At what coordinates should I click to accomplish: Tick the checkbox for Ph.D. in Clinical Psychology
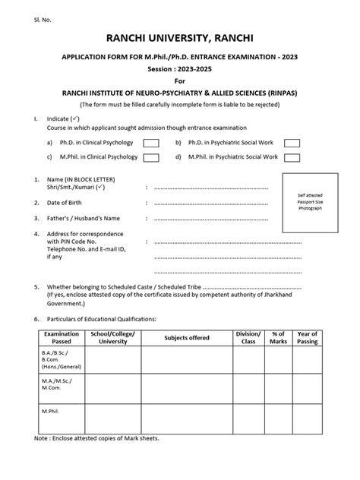click(x=151, y=143)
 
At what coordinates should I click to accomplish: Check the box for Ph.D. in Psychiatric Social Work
click(x=292, y=143)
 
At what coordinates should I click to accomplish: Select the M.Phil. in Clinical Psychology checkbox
click(x=151, y=157)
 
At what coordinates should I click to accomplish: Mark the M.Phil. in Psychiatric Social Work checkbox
click(x=292, y=157)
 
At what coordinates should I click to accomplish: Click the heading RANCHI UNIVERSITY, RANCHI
click(x=179, y=37)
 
